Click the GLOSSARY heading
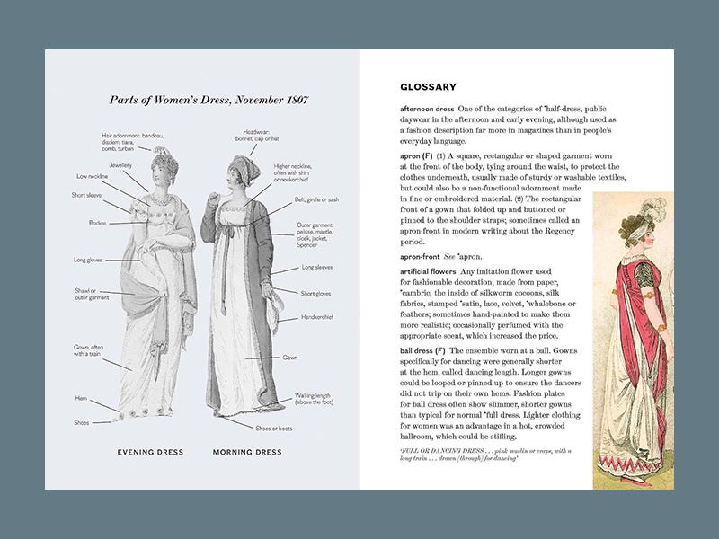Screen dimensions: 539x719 click(x=428, y=87)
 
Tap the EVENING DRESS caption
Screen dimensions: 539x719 click(x=150, y=452)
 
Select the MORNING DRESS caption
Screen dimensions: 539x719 click(x=248, y=452)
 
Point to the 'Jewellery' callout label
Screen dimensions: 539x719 click(x=121, y=165)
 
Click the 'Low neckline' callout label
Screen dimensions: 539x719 click(x=92, y=177)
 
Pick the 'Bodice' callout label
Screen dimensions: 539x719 click(x=97, y=222)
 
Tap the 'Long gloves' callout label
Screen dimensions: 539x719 click(x=87, y=261)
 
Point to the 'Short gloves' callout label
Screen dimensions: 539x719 click(x=317, y=293)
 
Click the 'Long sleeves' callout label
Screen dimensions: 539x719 click(x=319, y=268)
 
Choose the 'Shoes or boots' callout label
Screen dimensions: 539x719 click(x=275, y=429)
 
